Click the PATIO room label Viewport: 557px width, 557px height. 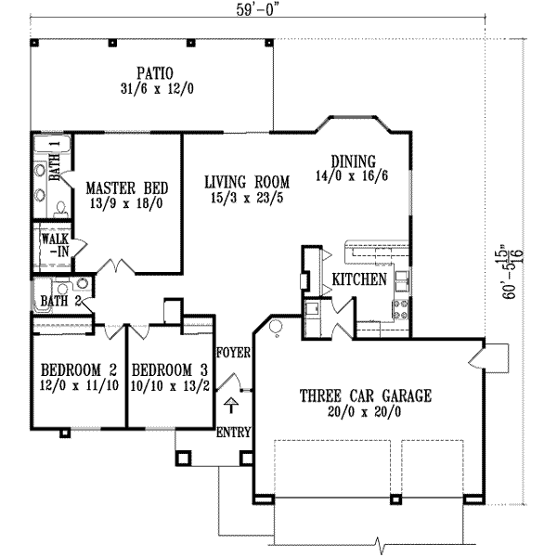151,72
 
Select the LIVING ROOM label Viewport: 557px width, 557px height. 247,181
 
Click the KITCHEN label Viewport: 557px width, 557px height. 359,279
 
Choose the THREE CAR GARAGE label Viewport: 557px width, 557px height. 365,395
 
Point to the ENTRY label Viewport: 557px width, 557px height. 230,434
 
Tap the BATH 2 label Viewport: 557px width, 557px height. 60,300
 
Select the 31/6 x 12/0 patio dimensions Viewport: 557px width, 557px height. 151,89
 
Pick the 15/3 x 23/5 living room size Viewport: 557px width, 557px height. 247,198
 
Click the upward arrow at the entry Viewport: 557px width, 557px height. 230,405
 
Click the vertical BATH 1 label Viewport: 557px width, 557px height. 55,160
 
